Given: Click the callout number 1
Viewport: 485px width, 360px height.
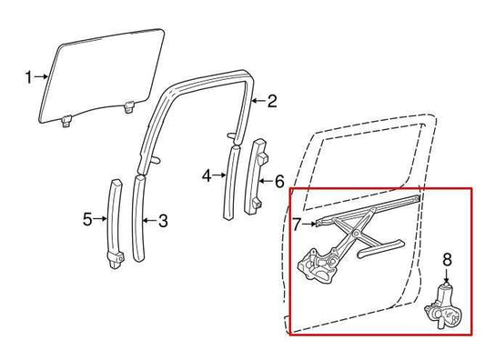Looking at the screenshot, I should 27,75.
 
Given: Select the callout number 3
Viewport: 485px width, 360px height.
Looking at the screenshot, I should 163,219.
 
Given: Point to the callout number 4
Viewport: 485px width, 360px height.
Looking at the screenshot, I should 207,174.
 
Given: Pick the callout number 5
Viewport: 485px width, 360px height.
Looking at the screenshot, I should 87,218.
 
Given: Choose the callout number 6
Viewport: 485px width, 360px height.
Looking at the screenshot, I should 279,181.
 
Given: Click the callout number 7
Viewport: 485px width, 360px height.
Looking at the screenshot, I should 298,222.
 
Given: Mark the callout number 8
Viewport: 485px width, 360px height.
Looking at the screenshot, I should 447,259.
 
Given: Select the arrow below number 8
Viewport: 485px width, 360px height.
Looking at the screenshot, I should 447,275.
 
